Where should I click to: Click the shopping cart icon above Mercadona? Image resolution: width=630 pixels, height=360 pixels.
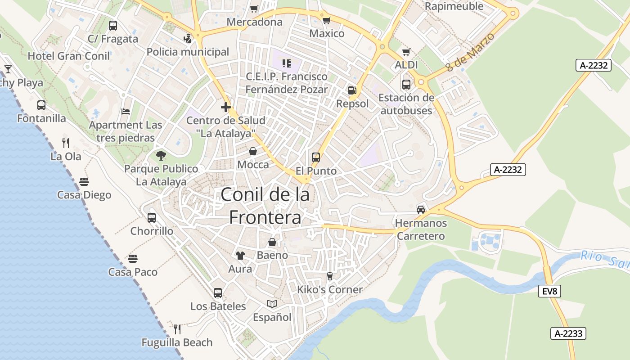tap(254, 9)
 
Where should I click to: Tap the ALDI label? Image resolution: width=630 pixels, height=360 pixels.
tap(406, 65)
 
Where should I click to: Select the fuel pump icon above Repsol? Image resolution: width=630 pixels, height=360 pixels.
tap(352, 90)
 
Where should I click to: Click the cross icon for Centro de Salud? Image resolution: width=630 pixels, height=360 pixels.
tap(226, 107)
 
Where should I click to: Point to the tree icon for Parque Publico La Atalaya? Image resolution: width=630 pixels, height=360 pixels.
tap(161, 156)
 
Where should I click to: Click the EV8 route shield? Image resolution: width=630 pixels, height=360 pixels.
tap(549, 291)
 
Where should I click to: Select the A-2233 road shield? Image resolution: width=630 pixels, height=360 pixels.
tap(568, 333)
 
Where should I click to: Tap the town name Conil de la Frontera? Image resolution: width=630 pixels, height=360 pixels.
tap(265, 206)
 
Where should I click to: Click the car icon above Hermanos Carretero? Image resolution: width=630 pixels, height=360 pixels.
tap(421, 209)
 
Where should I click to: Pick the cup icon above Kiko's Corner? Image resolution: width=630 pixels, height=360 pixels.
tap(330, 276)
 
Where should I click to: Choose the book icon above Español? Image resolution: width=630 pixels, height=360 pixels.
tap(272, 304)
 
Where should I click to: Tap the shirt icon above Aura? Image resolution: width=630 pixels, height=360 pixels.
tap(240, 256)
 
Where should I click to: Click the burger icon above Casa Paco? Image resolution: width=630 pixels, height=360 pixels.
tap(132, 259)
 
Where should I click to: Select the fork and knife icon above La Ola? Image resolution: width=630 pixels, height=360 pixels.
tap(66, 143)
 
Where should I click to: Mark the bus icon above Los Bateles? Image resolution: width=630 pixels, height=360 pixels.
tap(218, 293)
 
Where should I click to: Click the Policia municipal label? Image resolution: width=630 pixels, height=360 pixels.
tap(188, 52)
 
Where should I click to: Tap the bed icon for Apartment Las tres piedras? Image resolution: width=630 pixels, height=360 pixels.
tap(126, 112)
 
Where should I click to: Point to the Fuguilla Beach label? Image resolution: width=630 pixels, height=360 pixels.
tap(177, 342)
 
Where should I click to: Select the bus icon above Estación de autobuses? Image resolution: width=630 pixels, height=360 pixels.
tap(406, 84)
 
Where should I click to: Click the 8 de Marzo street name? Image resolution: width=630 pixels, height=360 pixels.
tap(470, 52)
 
